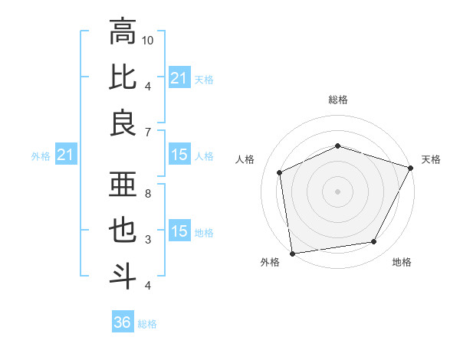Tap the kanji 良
[x=123, y=123]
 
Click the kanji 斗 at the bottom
[x=123, y=276]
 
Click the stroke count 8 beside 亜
[x=148, y=194]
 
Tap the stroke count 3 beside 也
[x=148, y=240]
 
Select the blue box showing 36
[x=123, y=322]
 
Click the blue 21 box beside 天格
[x=179, y=78]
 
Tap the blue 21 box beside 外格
[x=65, y=155]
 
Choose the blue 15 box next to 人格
[x=179, y=155]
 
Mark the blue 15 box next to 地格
[x=179, y=232]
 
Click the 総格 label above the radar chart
[x=338, y=100]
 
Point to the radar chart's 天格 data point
[x=411, y=167]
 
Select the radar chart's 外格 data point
[x=292, y=253]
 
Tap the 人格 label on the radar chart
[x=246, y=159]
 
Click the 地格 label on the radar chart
[x=402, y=263]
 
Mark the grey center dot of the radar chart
[x=338, y=191]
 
